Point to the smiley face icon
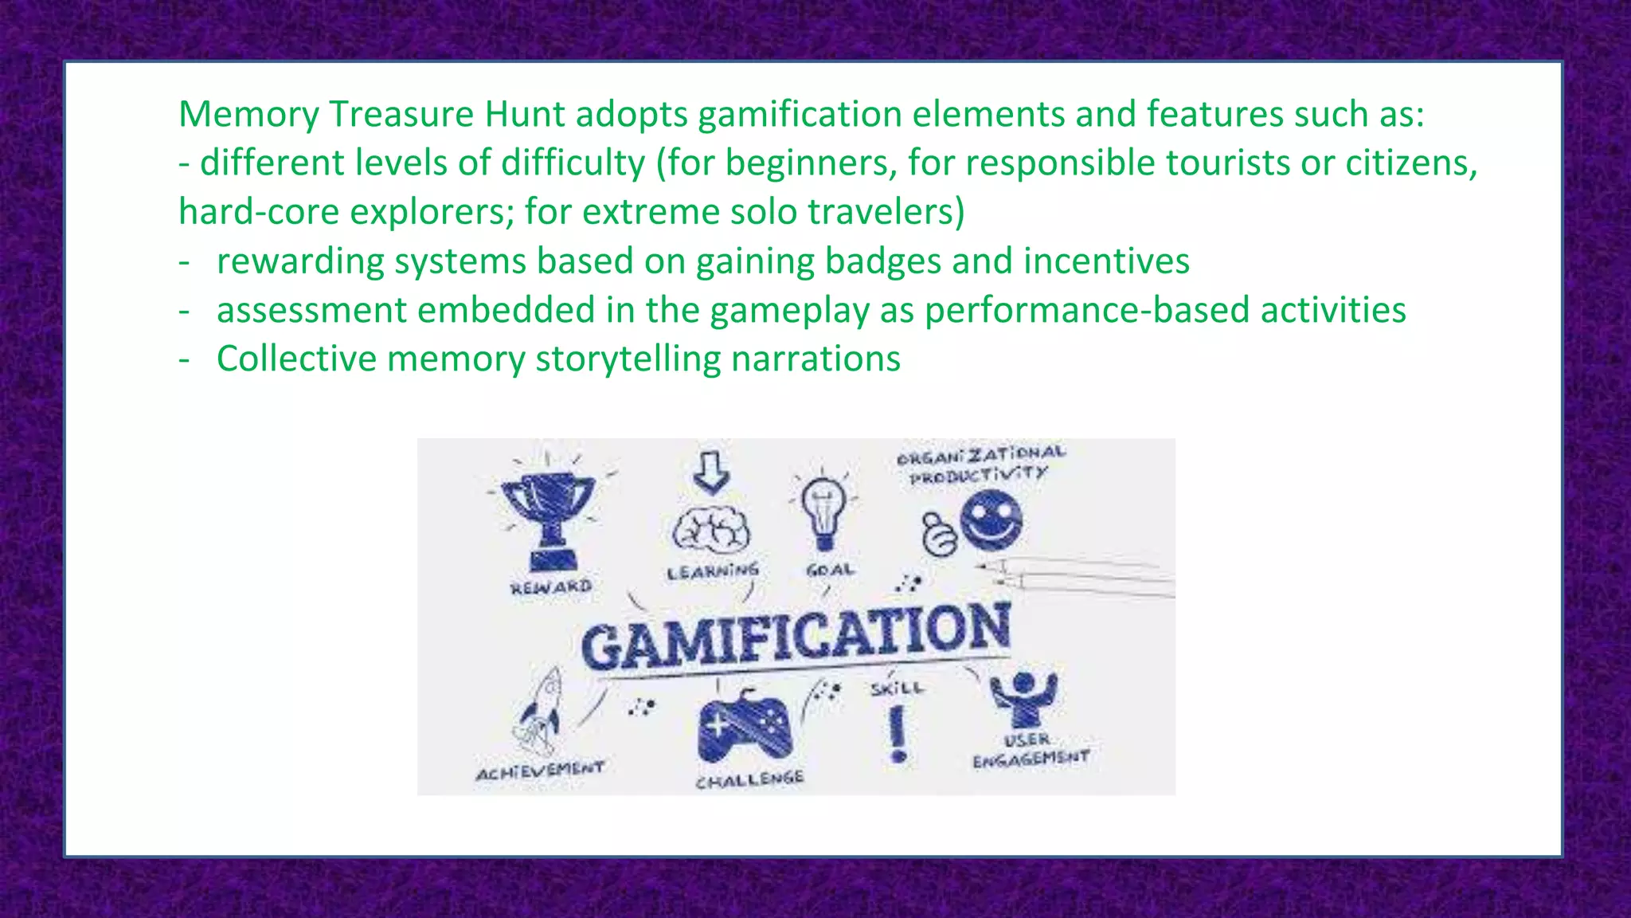991,520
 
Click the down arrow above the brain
711,472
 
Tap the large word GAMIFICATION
796,636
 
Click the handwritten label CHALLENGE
749,779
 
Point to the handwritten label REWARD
551,588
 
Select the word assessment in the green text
311,310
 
